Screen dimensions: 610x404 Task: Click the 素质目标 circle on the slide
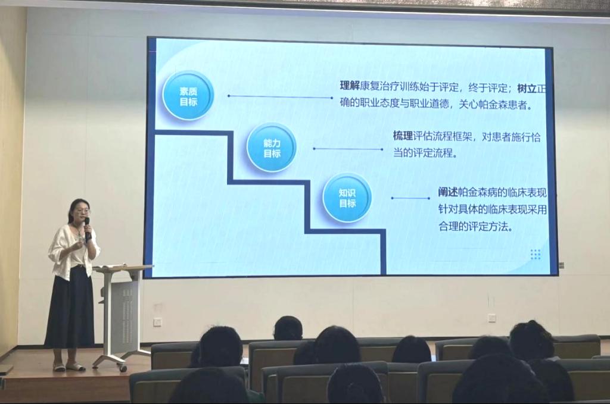[x=188, y=96]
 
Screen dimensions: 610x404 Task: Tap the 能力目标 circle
[x=272, y=148]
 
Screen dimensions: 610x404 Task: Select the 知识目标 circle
[x=347, y=198]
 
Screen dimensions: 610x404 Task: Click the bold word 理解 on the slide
[x=350, y=86]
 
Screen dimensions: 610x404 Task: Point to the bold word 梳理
[x=403, y=136]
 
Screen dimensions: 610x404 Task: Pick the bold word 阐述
[x=448, y=192]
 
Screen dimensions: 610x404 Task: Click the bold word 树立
[x=527, y=89]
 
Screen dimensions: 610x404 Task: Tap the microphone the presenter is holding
[x=87, y=228]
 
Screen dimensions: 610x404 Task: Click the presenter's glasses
[x=82, y=212]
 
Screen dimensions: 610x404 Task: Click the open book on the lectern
[x=110, y=266]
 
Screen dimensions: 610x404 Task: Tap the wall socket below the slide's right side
[x=491, y=318]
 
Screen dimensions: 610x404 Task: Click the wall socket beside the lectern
[x=157, y=322]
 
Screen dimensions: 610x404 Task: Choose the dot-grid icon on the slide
[x=536, y=255]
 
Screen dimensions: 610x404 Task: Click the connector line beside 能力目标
[x=348, y=149]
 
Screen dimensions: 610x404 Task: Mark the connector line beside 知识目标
[x=411, y=198]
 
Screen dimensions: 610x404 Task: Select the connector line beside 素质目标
[x=280, y=96]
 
